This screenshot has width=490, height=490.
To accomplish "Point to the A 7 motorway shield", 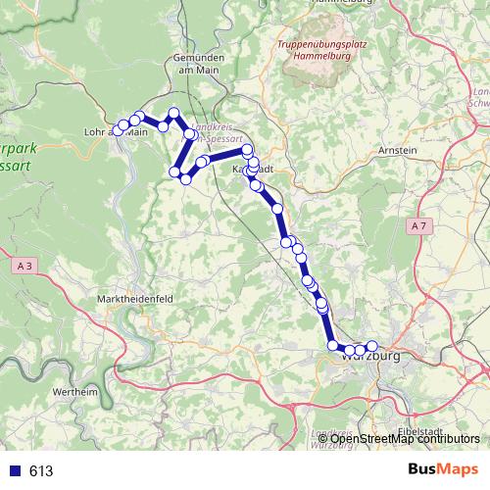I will (418, 226).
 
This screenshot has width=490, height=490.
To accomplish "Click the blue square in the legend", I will (15, 471).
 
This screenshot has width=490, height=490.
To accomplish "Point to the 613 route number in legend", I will (41, 471).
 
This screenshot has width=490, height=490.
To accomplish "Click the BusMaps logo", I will (438, 470).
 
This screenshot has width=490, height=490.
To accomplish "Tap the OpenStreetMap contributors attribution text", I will (405, 438).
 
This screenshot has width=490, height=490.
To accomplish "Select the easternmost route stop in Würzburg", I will (371, 346).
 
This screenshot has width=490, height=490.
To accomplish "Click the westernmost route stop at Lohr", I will (120, 130).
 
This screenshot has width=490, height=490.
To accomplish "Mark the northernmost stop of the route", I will (174, 113).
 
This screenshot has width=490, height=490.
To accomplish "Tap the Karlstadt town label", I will (253, 169).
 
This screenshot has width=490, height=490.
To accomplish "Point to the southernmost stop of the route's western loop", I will (185, 178).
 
